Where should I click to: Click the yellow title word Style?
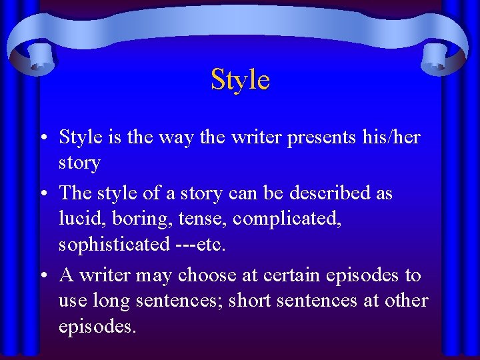pyautogui.click(x=240, y=80)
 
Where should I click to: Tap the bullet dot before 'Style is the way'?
pyautogui.click(x=42, y=138)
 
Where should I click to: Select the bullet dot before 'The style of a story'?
pyautogui.click(x=42, y=194)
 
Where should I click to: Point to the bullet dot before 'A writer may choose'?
pyautogui.click(x=42, y=276)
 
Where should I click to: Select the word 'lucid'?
pyautogui.click(x=79, y=219)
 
